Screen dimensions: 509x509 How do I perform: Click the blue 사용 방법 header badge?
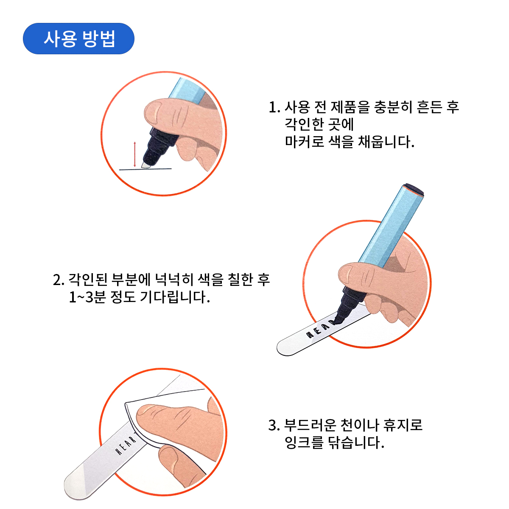pyautogui.click(x=78, y=39)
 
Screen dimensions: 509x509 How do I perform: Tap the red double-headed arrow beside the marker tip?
pyautogui.click(x=135, y=154)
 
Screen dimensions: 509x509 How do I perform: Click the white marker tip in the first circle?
pyautogui.click(x=146, y=165)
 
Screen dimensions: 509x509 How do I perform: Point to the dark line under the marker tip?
pyautogui.click(x=145, y=169)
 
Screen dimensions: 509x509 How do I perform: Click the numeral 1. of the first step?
pyautogui.click(x=274, y=107)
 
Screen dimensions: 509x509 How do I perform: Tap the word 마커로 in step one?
pyautogui.click(x=304, y=141)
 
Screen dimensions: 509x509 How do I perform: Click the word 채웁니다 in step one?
pyautogui.click(x=386, y=142)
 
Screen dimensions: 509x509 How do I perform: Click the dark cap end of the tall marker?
pyautogui.click(x=414, y=189)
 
